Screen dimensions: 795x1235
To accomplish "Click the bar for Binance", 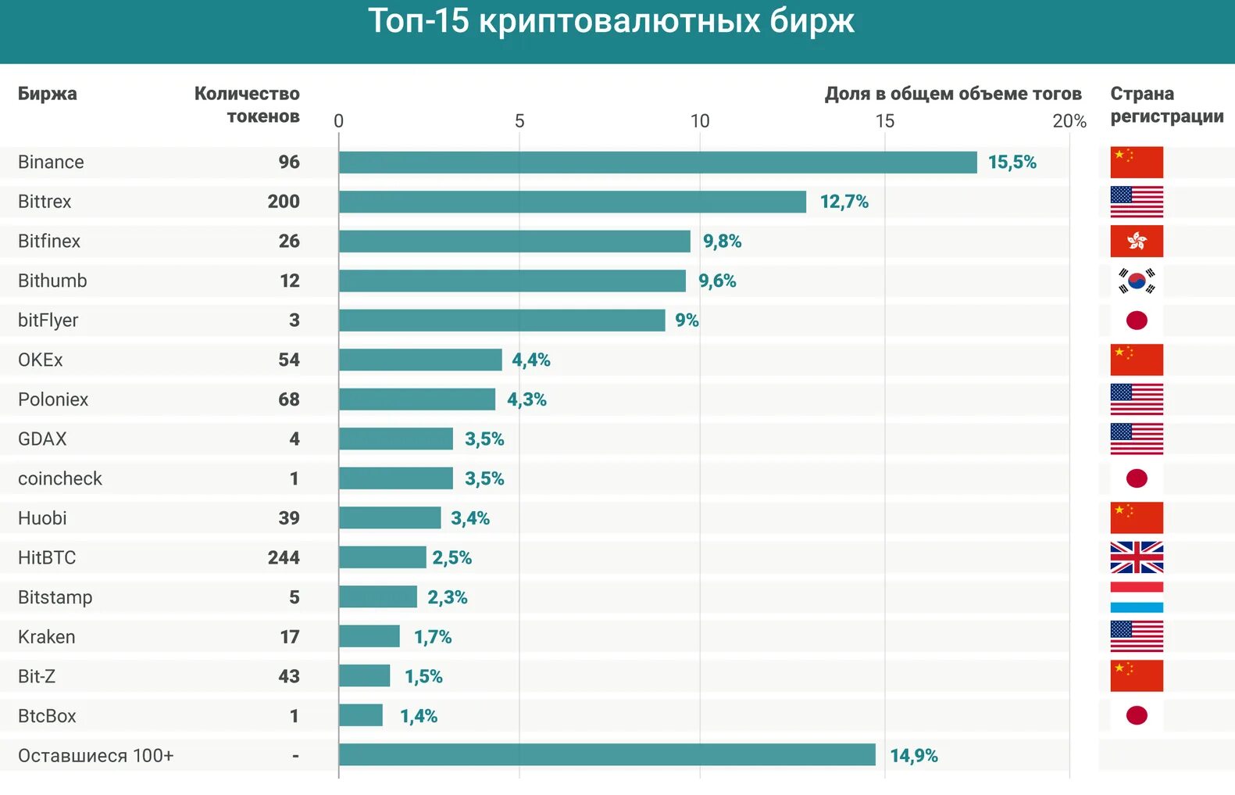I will point(658,163).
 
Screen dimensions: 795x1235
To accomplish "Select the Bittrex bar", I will point(573,202).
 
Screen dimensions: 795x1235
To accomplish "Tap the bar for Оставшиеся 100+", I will point(607,755).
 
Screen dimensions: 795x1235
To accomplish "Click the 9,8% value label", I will point(722,242).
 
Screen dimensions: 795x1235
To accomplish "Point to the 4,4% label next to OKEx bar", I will point(531,360).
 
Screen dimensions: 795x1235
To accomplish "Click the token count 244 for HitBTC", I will point(284,558).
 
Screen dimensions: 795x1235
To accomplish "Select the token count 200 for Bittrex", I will point(284,202).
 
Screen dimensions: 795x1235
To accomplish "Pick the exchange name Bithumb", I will point(52,281).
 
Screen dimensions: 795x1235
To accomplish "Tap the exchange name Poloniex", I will point(53,399).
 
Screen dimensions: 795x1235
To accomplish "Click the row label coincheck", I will point(60,478).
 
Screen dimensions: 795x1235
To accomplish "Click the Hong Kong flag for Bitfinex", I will point(1137,242).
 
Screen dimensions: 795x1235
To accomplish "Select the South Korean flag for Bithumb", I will point(1137,281).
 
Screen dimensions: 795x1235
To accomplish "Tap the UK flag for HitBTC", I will point(1137,558).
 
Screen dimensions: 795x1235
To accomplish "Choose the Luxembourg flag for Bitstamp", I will point(1137,597).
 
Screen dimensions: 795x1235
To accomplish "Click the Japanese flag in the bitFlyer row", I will point(1137,321).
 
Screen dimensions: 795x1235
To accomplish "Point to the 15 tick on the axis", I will point(884,121).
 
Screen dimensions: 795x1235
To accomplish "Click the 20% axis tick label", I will point(1069,121).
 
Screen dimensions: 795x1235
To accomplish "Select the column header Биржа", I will point(48,94).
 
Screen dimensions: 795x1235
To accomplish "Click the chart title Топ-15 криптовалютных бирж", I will point(611,22).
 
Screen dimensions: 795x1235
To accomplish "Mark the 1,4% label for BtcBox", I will point(419,716).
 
